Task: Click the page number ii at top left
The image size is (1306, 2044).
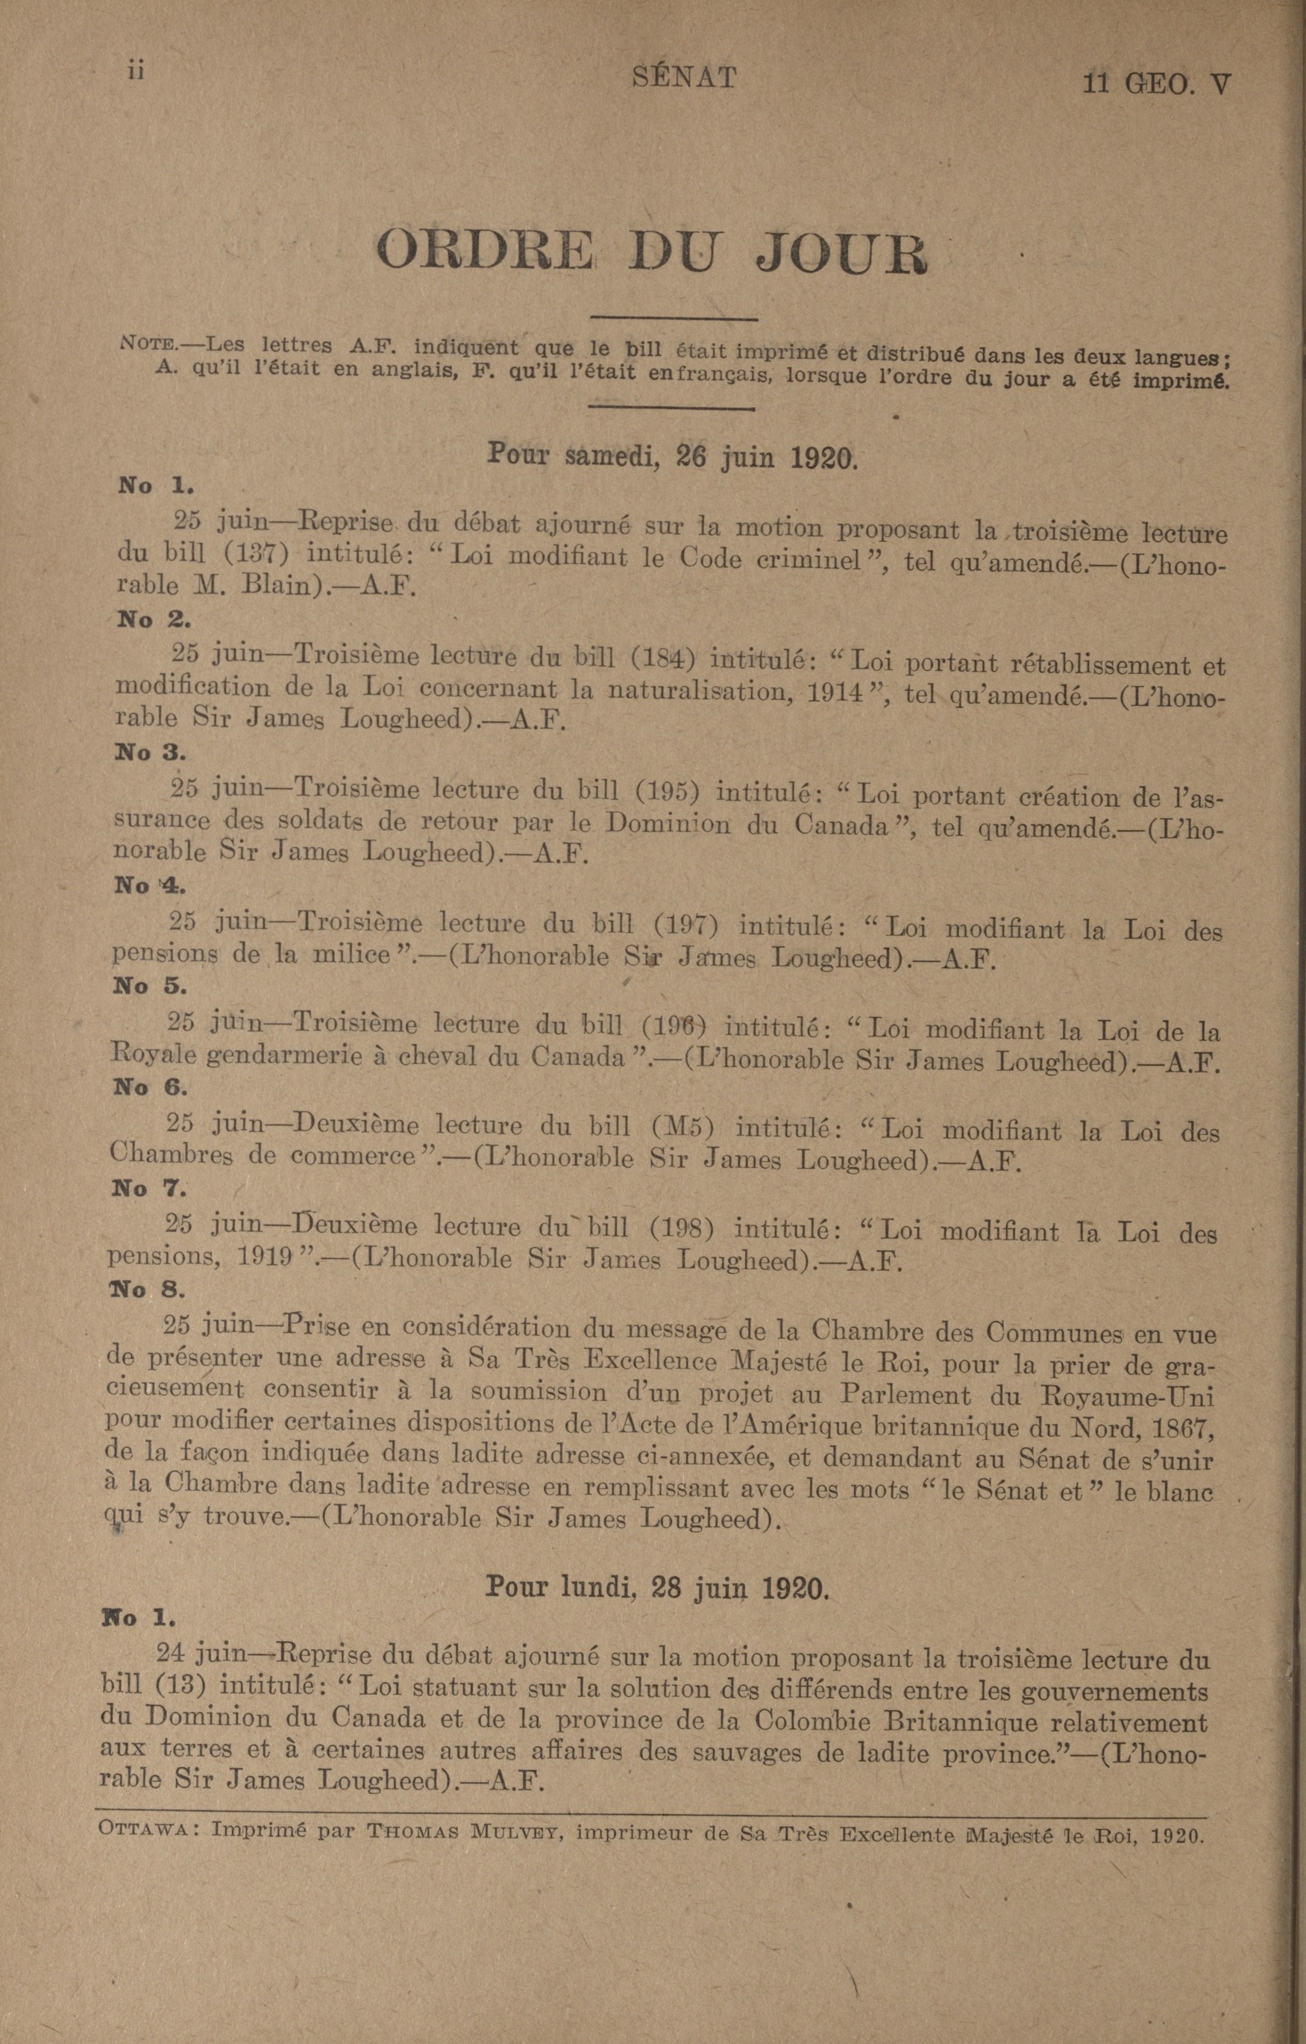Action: (x=134, y=72)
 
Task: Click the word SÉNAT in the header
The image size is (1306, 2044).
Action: (x=685, y=78)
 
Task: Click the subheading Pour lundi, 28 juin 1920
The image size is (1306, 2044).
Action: (x=656, y=1587)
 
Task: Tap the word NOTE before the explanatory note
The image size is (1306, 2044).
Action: (x=148, y=345)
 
